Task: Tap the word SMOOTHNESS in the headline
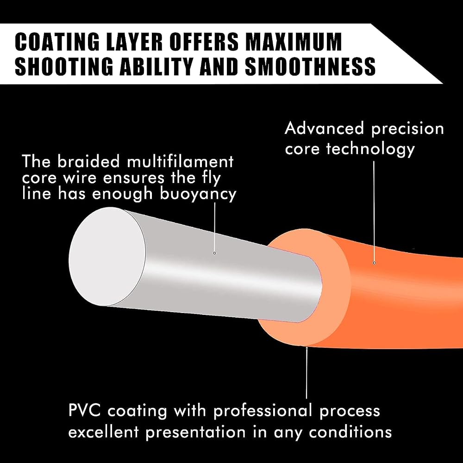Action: pos(310,66)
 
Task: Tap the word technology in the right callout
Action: pos(370,149)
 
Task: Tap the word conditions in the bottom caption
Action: pos(350,432)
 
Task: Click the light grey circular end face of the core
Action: pos(107,257)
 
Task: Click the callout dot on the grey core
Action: pos(215,253)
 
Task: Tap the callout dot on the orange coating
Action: pos(375,263)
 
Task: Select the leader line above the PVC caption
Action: pos(307,374)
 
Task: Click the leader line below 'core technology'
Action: pos(374,211)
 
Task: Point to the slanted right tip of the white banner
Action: pos(442,83)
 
